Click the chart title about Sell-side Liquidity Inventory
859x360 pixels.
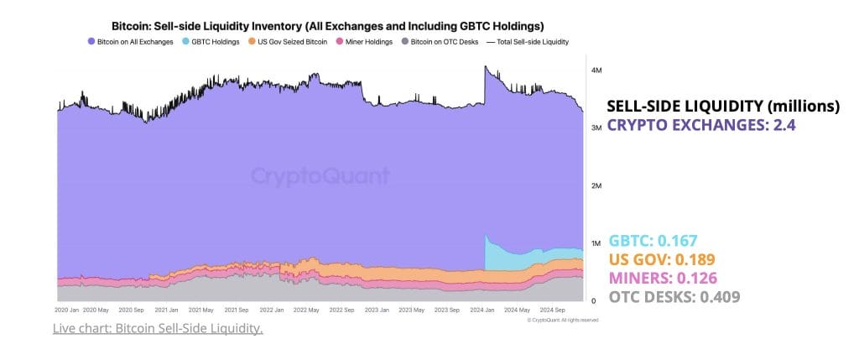[327, 26]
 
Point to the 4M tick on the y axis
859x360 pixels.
[596, 71]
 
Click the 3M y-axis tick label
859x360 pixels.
[596, 128]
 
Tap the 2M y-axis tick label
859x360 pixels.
[596, 185]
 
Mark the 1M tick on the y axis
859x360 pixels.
[596, 243]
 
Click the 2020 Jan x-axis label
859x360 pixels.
[67, 310]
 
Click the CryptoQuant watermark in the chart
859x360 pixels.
[320, 176]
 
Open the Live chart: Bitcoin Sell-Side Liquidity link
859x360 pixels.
[158, 328]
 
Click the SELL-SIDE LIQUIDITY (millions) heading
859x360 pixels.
[722, 107]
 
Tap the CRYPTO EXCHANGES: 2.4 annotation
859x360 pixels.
[700, 126]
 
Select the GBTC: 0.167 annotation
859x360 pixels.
[653, 240]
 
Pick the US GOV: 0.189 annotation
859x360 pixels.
[661, 258]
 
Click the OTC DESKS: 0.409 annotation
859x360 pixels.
[674, 296]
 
